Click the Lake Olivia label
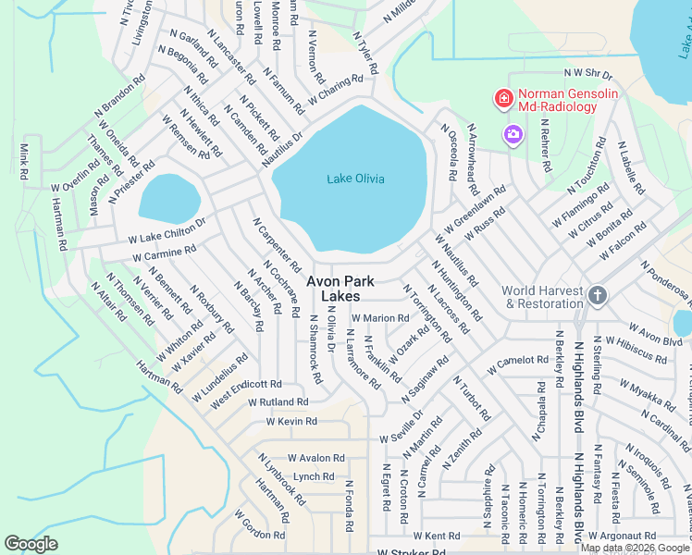355,179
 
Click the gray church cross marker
598,296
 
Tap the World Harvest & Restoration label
542,297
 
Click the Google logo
31,544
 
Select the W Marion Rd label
379,318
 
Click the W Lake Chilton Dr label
167,230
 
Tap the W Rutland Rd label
278,402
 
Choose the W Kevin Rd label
291,421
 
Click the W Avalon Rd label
315,458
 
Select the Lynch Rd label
313,476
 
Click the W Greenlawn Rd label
475,209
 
